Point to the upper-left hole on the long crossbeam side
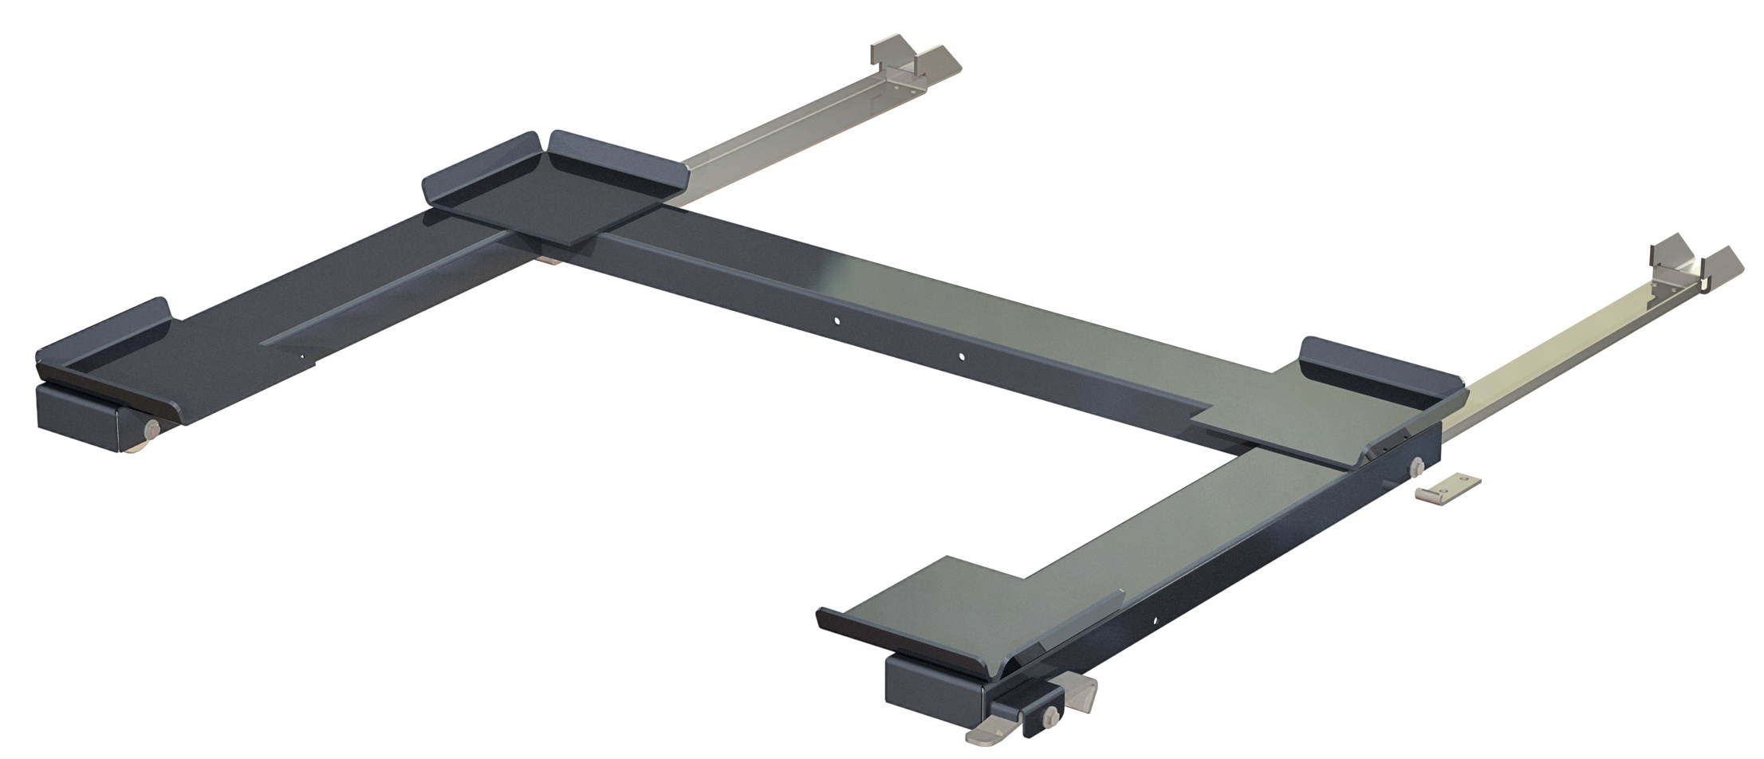837,321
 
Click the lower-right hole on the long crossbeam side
962,356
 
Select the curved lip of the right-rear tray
1380,368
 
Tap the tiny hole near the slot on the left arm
301,356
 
